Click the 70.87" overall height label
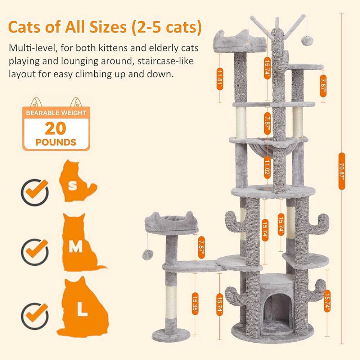click(342, 171)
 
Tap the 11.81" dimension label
click(220, 79)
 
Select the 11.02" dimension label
click(267, 168)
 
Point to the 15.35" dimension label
click(195, 303)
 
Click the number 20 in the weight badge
click(55, 128)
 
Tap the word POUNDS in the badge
click(56, 142)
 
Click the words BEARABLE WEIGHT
click(56, 113)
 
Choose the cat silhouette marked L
click(83, 308)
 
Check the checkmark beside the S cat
click(35, 192)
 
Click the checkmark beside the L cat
click(35, 316)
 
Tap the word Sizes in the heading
click(108, 27)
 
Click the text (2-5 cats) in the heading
click(167, 27)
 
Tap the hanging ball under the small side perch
click(148, 255)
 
